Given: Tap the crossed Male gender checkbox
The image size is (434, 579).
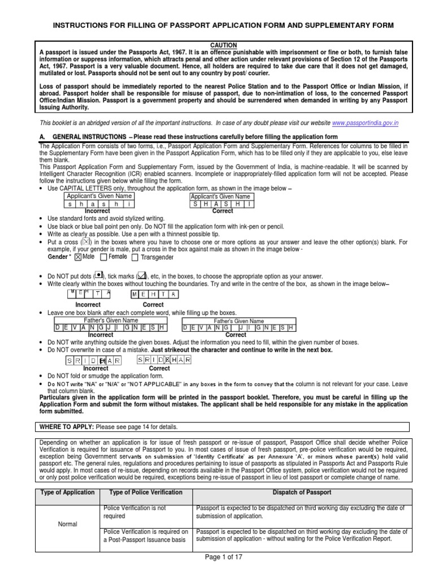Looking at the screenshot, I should (77, 257).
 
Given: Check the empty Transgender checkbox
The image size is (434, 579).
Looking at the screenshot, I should (134, 257).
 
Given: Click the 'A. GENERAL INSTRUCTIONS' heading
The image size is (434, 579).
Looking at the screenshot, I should (83, 137).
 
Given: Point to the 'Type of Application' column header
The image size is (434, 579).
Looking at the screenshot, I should (67, 492).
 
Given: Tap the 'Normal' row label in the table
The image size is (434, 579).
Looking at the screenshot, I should (67, 524).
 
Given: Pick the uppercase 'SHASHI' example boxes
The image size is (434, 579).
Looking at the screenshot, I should (222, 204).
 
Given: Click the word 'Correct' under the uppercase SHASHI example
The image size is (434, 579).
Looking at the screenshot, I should (222, 211).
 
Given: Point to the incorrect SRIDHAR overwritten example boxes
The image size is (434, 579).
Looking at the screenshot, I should (96, 360).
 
